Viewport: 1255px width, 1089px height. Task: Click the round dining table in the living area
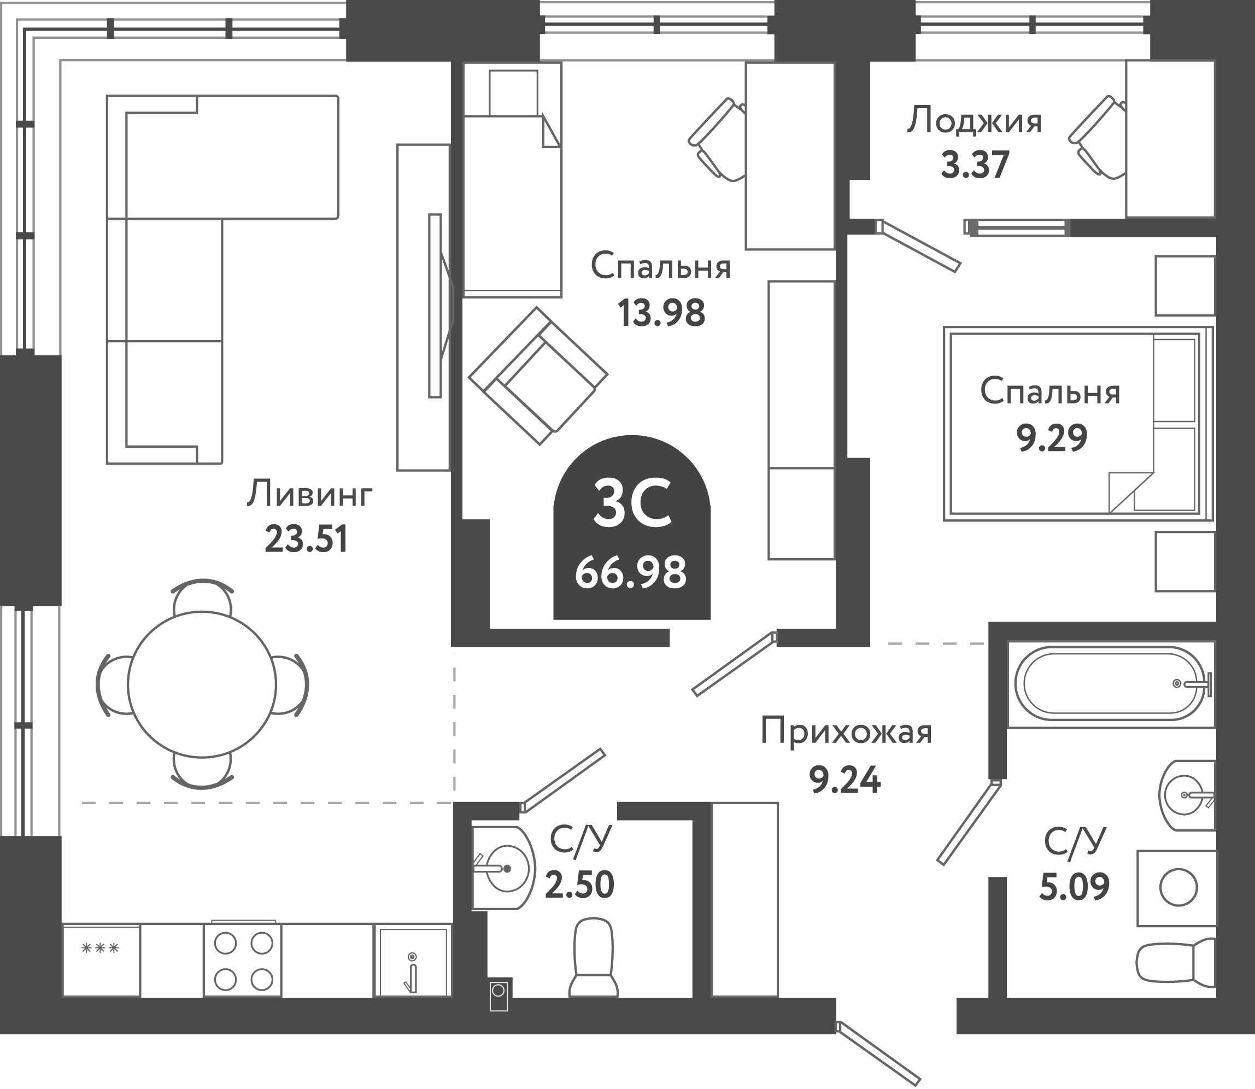(x=202, y=684)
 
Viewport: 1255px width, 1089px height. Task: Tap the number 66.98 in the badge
(x=631, y=572)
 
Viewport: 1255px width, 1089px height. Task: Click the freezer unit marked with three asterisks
(x=101, y=960)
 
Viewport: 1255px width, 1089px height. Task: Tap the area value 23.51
(x=306, y=539)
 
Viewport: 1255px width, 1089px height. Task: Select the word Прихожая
(x=846, y=731)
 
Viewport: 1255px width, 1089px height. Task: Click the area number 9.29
(x=1052, y=437)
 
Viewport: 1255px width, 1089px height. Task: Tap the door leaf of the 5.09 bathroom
(x=968, y=823)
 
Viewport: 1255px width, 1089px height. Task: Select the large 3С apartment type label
(x=632, y=502)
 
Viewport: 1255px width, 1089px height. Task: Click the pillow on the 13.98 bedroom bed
(x=513, y=92)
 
